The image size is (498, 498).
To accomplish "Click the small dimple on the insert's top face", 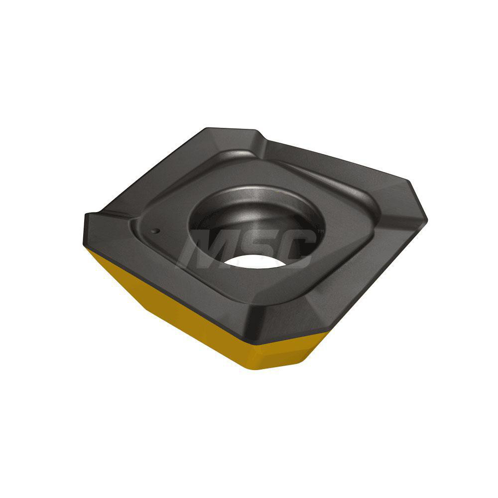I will pyautogui.click(x=156, y=231).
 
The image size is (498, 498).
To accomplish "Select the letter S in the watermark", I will pyautogui.click(x=254, y=248).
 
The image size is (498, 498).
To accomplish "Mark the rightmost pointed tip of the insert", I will pyautogui.click(x=426, y=219).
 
